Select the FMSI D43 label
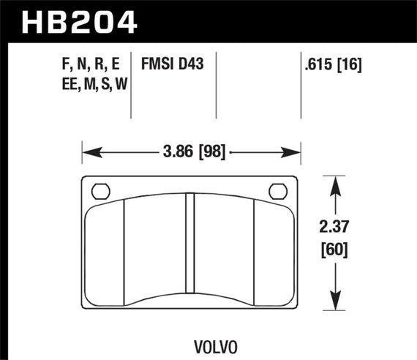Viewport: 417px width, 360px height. point(176,66)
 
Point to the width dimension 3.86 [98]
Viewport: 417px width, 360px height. point(192,152)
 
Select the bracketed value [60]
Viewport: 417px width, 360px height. point(335,251)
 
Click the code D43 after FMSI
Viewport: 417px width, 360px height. point(191,66)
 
